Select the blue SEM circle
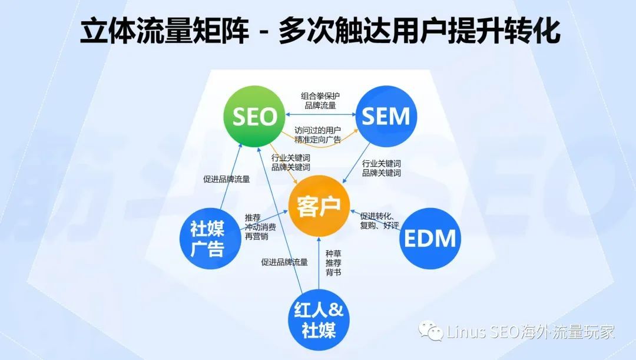pos(386,116)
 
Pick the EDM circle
pos(430,239)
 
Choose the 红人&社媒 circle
pos(319,319)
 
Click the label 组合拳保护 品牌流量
pos(320,101)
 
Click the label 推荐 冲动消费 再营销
pos(260,226)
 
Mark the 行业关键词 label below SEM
pos(381,168)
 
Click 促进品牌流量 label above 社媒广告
pos(226,179)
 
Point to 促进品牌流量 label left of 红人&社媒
pos(284,262)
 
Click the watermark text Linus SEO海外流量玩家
pos(530,332)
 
